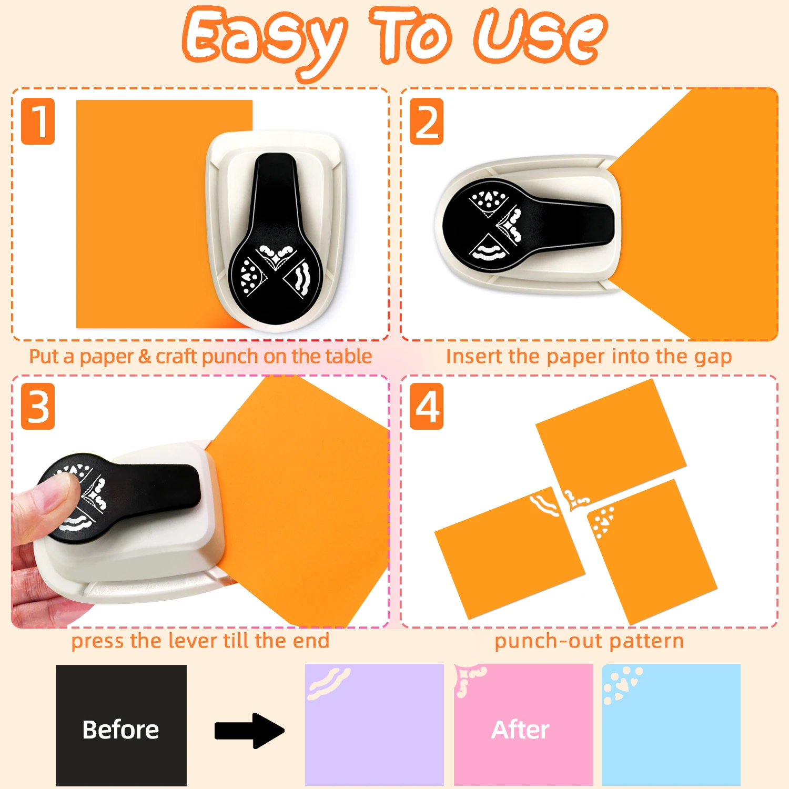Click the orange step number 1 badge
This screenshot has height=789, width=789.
click(x=38, y=121)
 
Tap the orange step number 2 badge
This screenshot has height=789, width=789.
click(x=427, y=121)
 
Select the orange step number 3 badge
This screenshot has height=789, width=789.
click(x=38, y=407)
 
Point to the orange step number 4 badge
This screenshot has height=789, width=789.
click(x=427, y=407)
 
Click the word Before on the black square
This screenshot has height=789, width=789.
click(x=120, y=730)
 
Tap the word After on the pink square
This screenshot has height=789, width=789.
click(x=520, y=730)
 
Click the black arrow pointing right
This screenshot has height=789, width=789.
click(x=249, y=731)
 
